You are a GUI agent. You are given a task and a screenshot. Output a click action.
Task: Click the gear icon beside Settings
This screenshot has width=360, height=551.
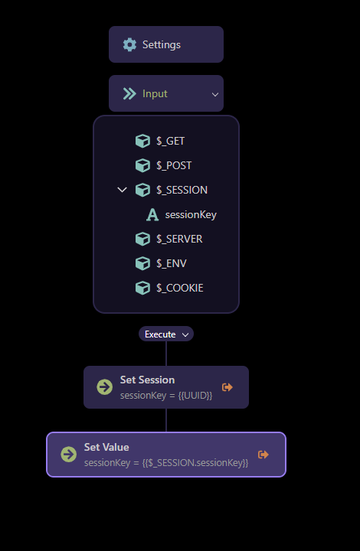click(x=129, y=44)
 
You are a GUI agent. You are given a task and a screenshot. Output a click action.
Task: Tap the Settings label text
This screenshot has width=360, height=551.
click(x=162, y=44)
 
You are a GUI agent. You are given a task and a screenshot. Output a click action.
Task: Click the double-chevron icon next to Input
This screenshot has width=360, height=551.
click(x=129, y=94)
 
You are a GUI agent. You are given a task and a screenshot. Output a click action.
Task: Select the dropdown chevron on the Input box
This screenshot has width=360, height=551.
click(x=214, y=94)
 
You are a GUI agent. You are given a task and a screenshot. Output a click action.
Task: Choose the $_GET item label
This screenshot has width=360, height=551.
click(x=171, y=141)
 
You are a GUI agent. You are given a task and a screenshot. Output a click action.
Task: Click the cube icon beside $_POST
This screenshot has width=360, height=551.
click(x=142, y=165)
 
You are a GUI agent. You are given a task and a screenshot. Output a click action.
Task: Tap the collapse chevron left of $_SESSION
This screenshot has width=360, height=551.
click(x=122, y=190)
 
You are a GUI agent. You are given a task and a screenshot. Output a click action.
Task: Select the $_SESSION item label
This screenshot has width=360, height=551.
click(x=182, y=190)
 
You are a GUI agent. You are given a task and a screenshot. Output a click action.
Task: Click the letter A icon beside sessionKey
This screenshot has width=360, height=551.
click(x=152, y=214)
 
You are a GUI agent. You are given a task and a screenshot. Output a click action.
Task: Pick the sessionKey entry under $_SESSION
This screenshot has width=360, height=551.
click(x=191, y=215)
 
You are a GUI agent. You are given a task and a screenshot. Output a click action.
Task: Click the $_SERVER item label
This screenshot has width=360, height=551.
click(x=179, y=239)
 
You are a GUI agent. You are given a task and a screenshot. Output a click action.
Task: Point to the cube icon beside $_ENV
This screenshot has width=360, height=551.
click(x=142, y=263)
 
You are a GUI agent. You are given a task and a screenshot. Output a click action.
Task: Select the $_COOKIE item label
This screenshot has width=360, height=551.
click(x=180, y=289)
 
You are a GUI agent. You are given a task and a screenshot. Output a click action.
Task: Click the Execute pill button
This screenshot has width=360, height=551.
click(x=166, y=334)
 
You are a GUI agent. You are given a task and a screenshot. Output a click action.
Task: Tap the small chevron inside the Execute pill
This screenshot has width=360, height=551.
click(x=185, y=334)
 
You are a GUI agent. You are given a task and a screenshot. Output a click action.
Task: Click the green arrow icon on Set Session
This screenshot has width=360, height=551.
click(x=104, y=387)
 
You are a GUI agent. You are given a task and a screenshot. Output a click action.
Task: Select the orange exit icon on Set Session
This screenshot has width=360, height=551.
click(x=227, y=387)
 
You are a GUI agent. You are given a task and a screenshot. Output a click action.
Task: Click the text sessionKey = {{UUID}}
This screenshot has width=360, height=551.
click(x=166, y=396)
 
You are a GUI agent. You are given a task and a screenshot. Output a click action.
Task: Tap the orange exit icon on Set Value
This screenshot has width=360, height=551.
click(x=263, y=455)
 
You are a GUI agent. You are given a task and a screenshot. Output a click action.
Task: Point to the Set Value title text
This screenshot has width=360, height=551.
click(x=106, y=447)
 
